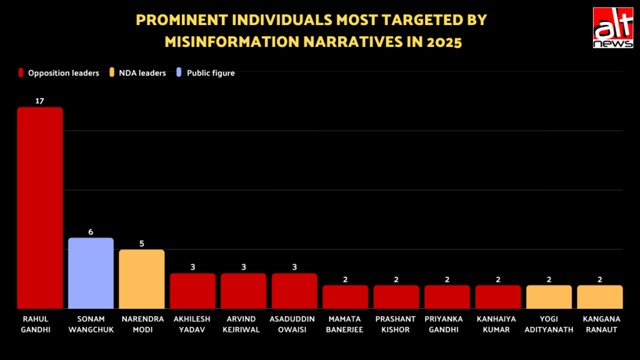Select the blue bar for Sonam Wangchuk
click(91, 273)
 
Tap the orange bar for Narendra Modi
click(142, 279)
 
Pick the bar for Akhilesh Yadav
click(192, 291)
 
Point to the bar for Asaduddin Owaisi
click(294, 291)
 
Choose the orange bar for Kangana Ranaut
click(600, 297)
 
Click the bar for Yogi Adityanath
click(549, 297)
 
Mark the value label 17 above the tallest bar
click(40, 101)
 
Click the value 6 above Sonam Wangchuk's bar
click(91, 231)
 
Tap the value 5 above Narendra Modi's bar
click(142, 243)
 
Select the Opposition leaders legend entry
click(59, 73)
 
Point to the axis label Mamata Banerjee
click(345, 324)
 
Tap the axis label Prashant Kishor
click(396, 324)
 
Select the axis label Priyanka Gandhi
click(447, 324)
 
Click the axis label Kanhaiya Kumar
click(498, 324)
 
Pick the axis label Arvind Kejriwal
click(243, 324)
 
